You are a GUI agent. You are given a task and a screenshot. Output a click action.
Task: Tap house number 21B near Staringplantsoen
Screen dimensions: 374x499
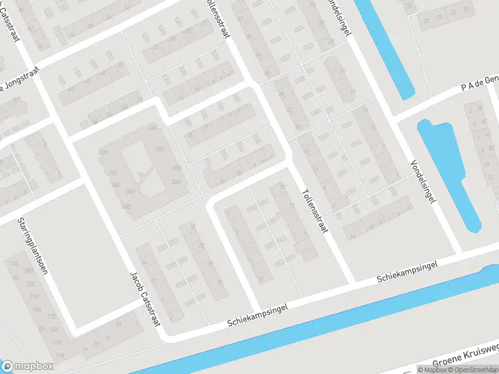pyautogui.click(x=34, y=295)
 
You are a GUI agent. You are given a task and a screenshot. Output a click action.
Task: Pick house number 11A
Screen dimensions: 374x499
pyautogui.click(x=60, y=355)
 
